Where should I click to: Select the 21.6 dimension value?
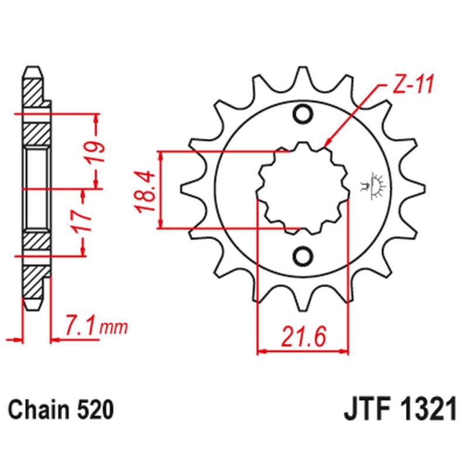coord(303,337)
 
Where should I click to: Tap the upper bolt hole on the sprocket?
coord(303,114)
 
